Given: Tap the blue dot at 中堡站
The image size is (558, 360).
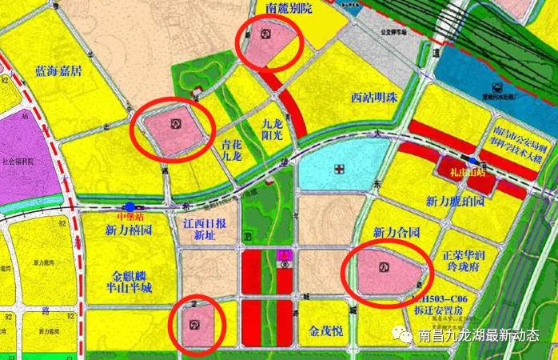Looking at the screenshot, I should click(130, 206).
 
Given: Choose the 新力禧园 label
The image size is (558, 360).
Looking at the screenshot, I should click(129, 230).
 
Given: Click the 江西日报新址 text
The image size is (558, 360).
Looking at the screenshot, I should click(205, 229).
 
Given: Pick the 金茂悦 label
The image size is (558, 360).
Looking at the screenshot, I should click(325, 328).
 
